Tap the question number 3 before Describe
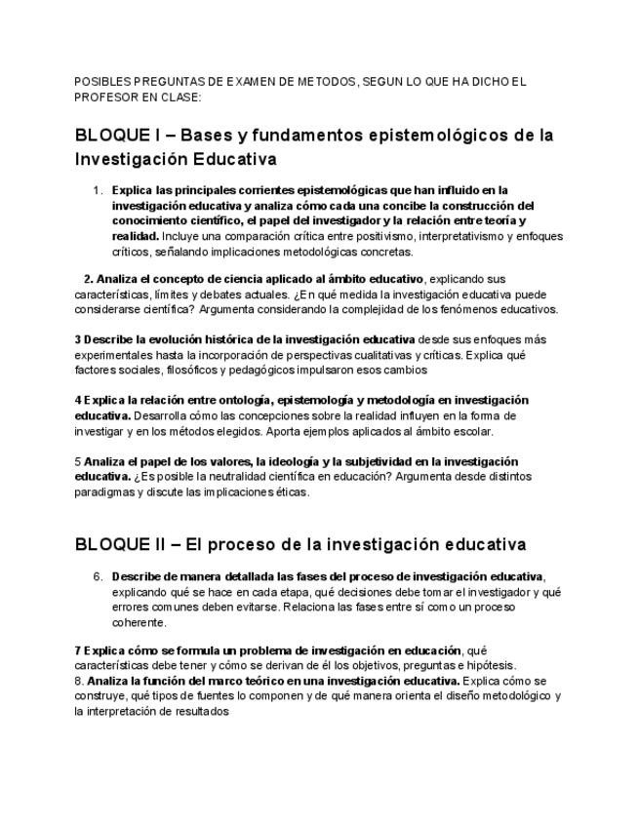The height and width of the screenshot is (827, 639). point(77,339)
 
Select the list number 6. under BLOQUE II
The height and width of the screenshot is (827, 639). point(98,575)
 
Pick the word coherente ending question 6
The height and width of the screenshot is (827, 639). point(140,621)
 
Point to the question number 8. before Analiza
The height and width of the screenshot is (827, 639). point(79,680)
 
